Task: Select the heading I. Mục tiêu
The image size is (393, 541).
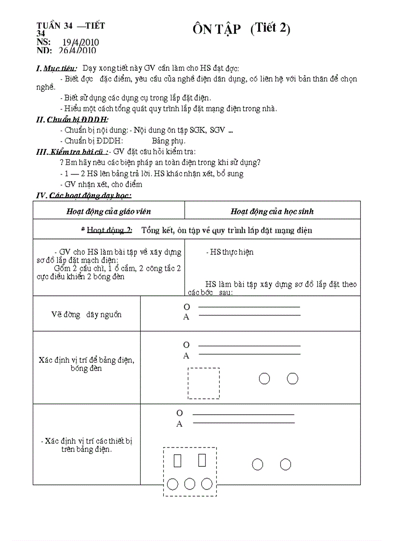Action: tap(57, 69)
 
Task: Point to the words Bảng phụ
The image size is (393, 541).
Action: tap(169, 141)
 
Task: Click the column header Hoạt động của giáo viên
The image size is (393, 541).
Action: tap(108, 211)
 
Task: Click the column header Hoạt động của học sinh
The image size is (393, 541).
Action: tap(272, 211)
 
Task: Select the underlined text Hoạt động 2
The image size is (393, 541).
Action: tap(109, 230)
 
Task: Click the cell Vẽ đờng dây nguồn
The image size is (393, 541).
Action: tap(87, 315)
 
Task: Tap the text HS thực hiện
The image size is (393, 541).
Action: tap(230, 252)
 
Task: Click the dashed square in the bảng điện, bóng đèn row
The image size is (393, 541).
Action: tap(203, 383)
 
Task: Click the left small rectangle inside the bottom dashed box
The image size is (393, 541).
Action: tap(178, 461)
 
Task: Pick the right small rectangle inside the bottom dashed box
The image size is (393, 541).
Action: tap(202, 461)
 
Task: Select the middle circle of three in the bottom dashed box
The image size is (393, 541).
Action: tap(190, 484)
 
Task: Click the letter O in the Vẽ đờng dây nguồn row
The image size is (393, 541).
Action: tap(187, 307)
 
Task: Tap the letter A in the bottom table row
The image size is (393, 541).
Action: tap(180, 424)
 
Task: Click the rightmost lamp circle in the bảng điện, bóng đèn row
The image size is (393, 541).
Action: tap(292, 379)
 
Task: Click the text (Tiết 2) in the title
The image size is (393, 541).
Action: tap(270, 28)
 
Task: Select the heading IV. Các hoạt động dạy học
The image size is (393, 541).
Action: tap(84, 195)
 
